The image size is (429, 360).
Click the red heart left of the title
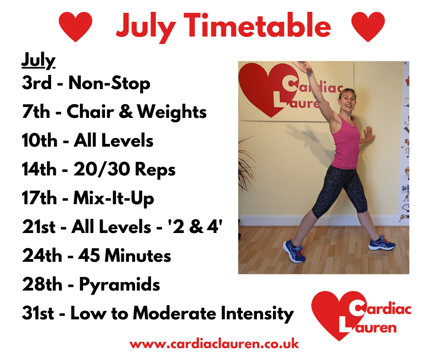coord(75,26)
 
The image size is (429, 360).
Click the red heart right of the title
coord(368,26)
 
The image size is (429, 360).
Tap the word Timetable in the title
coord(257,26)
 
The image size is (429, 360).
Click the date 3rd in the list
coord(37,83)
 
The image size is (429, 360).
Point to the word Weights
coord(172,112)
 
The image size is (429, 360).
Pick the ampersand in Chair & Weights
coord(126,111)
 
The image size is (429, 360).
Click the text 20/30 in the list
coord(102,169)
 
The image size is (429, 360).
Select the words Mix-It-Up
coord(114,198)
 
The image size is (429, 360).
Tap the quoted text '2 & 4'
coord(195,227)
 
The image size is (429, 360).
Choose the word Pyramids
coord(120,285)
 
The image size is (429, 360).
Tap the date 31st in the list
coord(38,312)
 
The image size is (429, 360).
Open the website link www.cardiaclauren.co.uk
coord(214,344)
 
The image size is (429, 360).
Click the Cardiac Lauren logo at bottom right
coord(361,316)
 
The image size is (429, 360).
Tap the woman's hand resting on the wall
coord(367,134)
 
